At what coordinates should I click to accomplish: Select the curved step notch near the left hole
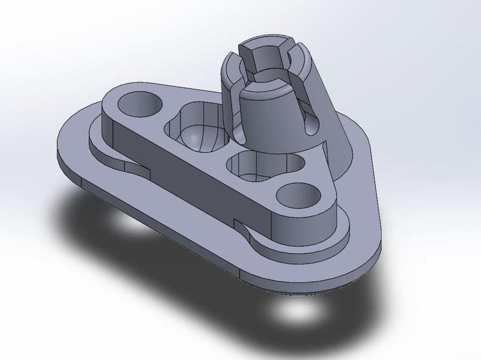129,165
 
